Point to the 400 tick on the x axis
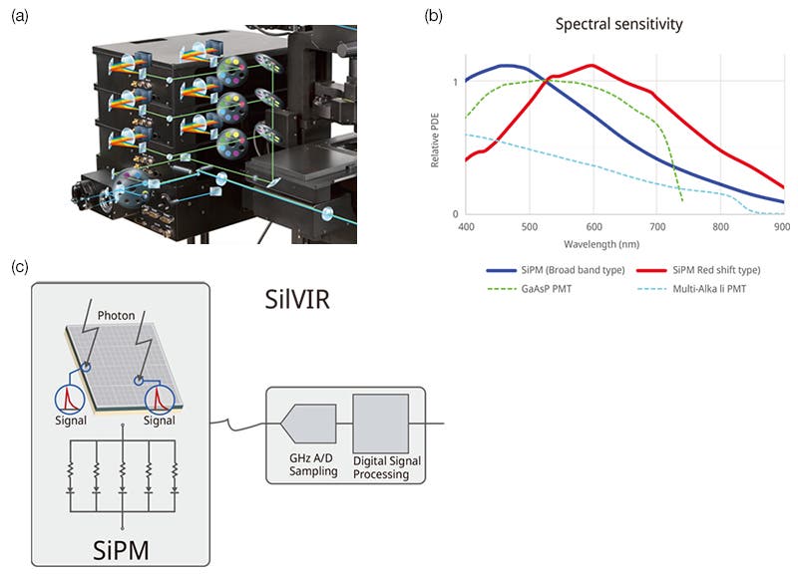[465, 227]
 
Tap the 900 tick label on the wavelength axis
[782, 227]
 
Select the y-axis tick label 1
[456, 82]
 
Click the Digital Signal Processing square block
[380, 423]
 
